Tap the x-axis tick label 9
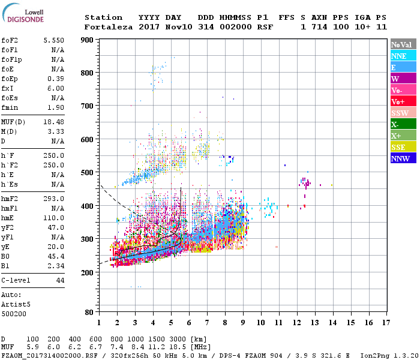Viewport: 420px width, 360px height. [243, 323]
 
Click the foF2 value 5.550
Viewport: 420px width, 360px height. [53, 40]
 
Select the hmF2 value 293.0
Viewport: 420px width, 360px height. [53, 199]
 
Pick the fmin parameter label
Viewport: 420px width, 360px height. [10, 107]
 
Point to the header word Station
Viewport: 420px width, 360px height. [103, 17]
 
